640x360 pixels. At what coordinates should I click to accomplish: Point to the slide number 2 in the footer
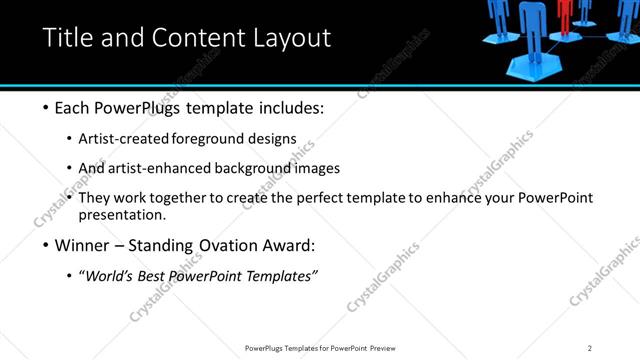point(590,348)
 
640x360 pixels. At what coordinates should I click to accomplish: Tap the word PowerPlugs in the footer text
point(267,348)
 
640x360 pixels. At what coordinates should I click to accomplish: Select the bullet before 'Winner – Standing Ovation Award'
point(47,246)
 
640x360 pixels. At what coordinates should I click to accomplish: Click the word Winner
point(84,246)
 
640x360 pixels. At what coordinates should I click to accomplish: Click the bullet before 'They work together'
point(69,198)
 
